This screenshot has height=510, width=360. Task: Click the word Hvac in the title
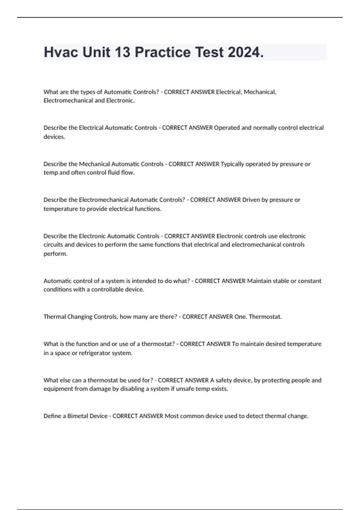coord(61,52)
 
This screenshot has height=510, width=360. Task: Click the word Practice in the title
coord(163,52)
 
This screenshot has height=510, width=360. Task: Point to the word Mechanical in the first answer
coord(260,92)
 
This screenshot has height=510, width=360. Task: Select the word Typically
coord(233,164)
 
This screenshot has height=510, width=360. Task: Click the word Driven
coord(251,200)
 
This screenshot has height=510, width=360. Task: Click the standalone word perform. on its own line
coord(55,253)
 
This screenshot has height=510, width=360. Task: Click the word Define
coord(52,416)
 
